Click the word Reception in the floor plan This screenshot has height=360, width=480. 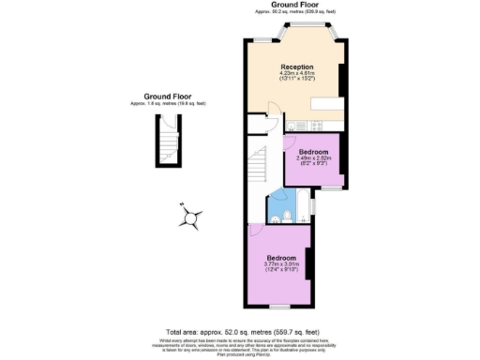tap(296, 67)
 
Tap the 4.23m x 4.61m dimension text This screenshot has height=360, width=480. tap(296, 74)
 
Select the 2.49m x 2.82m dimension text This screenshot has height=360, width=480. tap(312, 158)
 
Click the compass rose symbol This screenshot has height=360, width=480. tap(191, 217)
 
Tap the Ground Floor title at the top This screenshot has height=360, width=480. tap(291, 5)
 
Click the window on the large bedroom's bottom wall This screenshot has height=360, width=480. tap(279, 307)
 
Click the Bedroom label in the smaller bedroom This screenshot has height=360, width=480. tap(312, 151)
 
